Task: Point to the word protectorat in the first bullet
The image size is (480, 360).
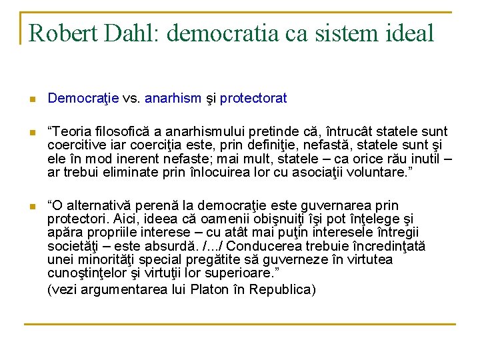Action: tap(253, 99)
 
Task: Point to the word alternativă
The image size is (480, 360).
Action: tap(103, 206)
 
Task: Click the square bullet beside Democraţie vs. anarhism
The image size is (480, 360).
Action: tap(31, 99)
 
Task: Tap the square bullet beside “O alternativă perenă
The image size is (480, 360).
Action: tap(31, 207)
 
